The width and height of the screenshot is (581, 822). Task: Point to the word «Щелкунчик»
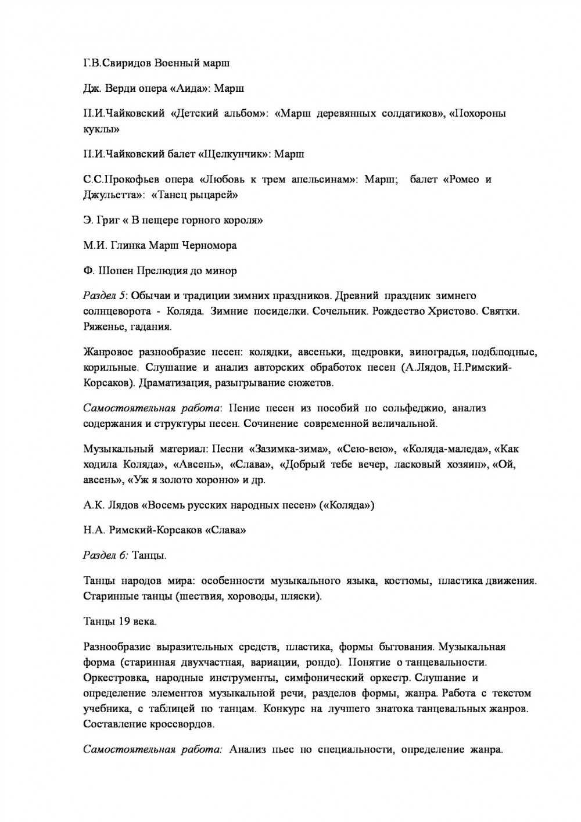pos(234,154)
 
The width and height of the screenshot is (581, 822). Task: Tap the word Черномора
pos(208,245)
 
